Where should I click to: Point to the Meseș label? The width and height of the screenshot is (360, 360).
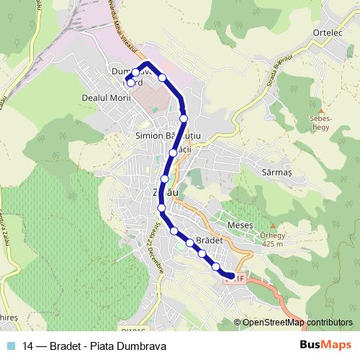pyautogui.click(x=240, y=225)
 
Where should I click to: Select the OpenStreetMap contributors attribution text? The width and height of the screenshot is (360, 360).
pyautogui.click(x=297, y=323)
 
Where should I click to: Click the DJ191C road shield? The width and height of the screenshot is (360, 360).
pyautogui.click(x=132, y=330)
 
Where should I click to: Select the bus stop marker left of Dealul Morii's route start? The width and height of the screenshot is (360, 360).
pyautogui.click(x=130, y=83)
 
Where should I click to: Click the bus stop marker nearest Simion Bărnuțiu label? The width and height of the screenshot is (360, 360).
pyautogui.click(x=174, y=152)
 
